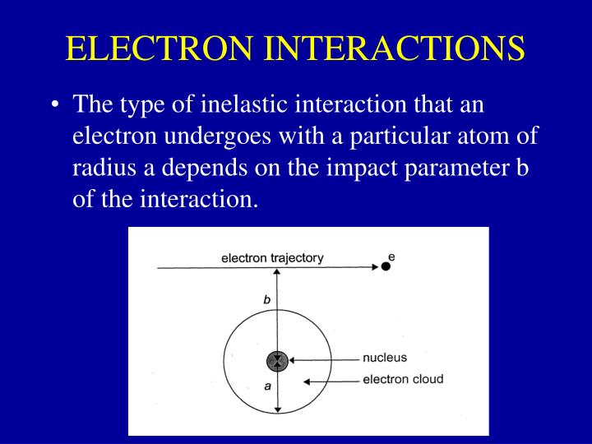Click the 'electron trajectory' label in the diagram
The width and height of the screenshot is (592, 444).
272,258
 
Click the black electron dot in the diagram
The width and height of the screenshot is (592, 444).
385,266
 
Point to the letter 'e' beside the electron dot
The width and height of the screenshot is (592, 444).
391,257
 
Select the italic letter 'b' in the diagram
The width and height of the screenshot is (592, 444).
266,301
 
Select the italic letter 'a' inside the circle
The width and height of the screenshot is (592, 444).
267,386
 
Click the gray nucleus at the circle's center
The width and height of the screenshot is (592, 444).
278,361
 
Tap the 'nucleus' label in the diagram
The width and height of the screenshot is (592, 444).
385,358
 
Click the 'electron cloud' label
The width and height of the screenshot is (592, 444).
403,380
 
